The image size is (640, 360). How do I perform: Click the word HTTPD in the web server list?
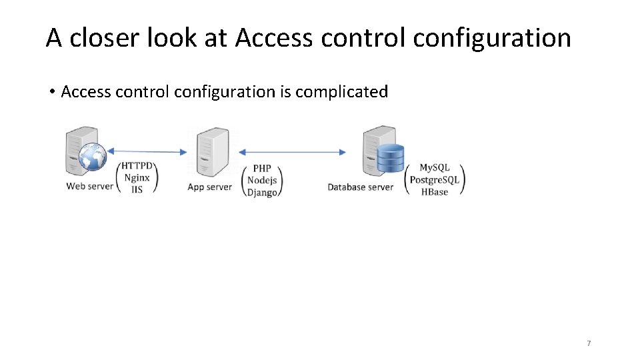pos(137,165)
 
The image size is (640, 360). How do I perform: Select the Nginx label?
pos(137,177)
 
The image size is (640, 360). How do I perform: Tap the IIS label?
pos(137,189)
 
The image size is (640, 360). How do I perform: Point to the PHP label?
pos(261,169)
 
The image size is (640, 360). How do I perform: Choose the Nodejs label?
pos(261,181)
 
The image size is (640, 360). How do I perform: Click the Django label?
pos(261,193)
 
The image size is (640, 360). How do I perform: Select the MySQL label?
pos(434,167)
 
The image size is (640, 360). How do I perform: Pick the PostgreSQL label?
pos(434,180)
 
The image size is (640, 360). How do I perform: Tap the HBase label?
pos(434,192)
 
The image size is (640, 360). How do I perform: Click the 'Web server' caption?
pos(89,186)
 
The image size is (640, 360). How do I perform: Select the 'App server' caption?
pos(209,187)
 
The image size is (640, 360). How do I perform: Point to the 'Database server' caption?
pos(360,187)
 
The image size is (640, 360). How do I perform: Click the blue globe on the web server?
pos(91,158)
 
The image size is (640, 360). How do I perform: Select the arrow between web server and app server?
pos(148,152)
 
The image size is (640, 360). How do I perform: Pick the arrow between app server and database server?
pos(292,152)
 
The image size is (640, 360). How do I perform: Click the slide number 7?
pos(589,343)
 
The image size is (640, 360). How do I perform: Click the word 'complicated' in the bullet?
pos(341,91)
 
